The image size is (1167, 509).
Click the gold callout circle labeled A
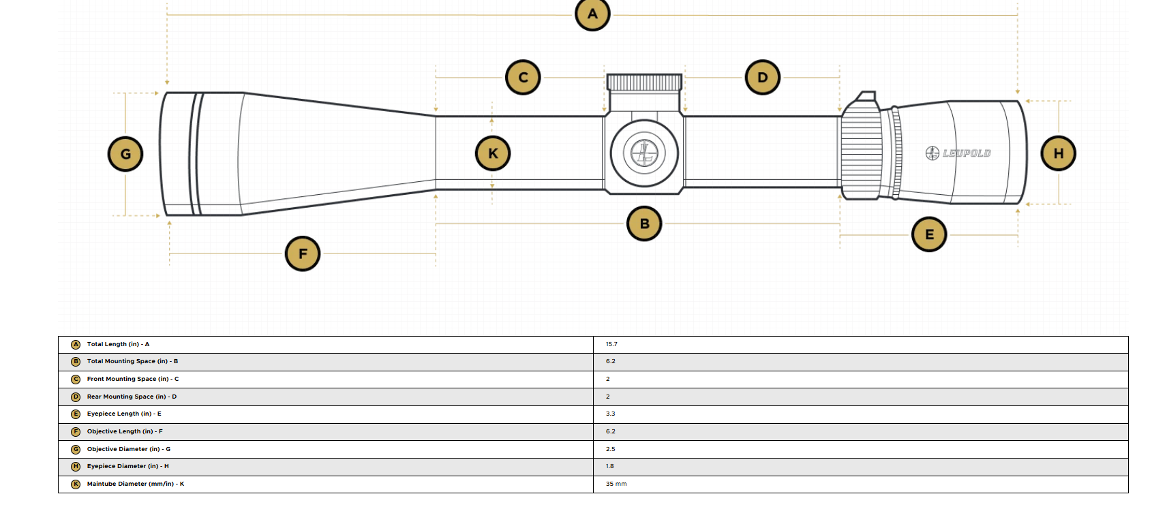pos(592,14)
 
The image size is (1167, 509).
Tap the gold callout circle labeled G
pos(125,154)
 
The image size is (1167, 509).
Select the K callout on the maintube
pos(493,154)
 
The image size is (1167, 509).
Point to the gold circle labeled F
pos(303,253)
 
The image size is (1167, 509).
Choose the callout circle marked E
pos(929,234)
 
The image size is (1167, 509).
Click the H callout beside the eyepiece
pos(1059,154)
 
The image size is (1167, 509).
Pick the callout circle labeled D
pos(763,78)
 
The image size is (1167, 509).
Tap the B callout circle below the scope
pos(644,224)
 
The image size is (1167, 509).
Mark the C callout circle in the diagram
pos(523,78)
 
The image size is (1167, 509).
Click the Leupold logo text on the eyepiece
pos(958,153)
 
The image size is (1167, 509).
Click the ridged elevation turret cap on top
pos(644,82)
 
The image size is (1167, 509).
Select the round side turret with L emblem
pos(644,154)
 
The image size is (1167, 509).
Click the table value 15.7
pos(611,344)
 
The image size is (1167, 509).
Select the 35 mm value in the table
pos(616,484)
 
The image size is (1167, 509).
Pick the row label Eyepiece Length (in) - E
pos(124,414)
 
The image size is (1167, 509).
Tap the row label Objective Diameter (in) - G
pos(129,449)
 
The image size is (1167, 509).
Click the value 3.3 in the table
pos(611,414)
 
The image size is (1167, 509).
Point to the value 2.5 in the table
pos(611,449)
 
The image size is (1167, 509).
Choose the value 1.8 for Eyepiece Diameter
pos(610,466)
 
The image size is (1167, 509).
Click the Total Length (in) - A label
pos(118,344)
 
